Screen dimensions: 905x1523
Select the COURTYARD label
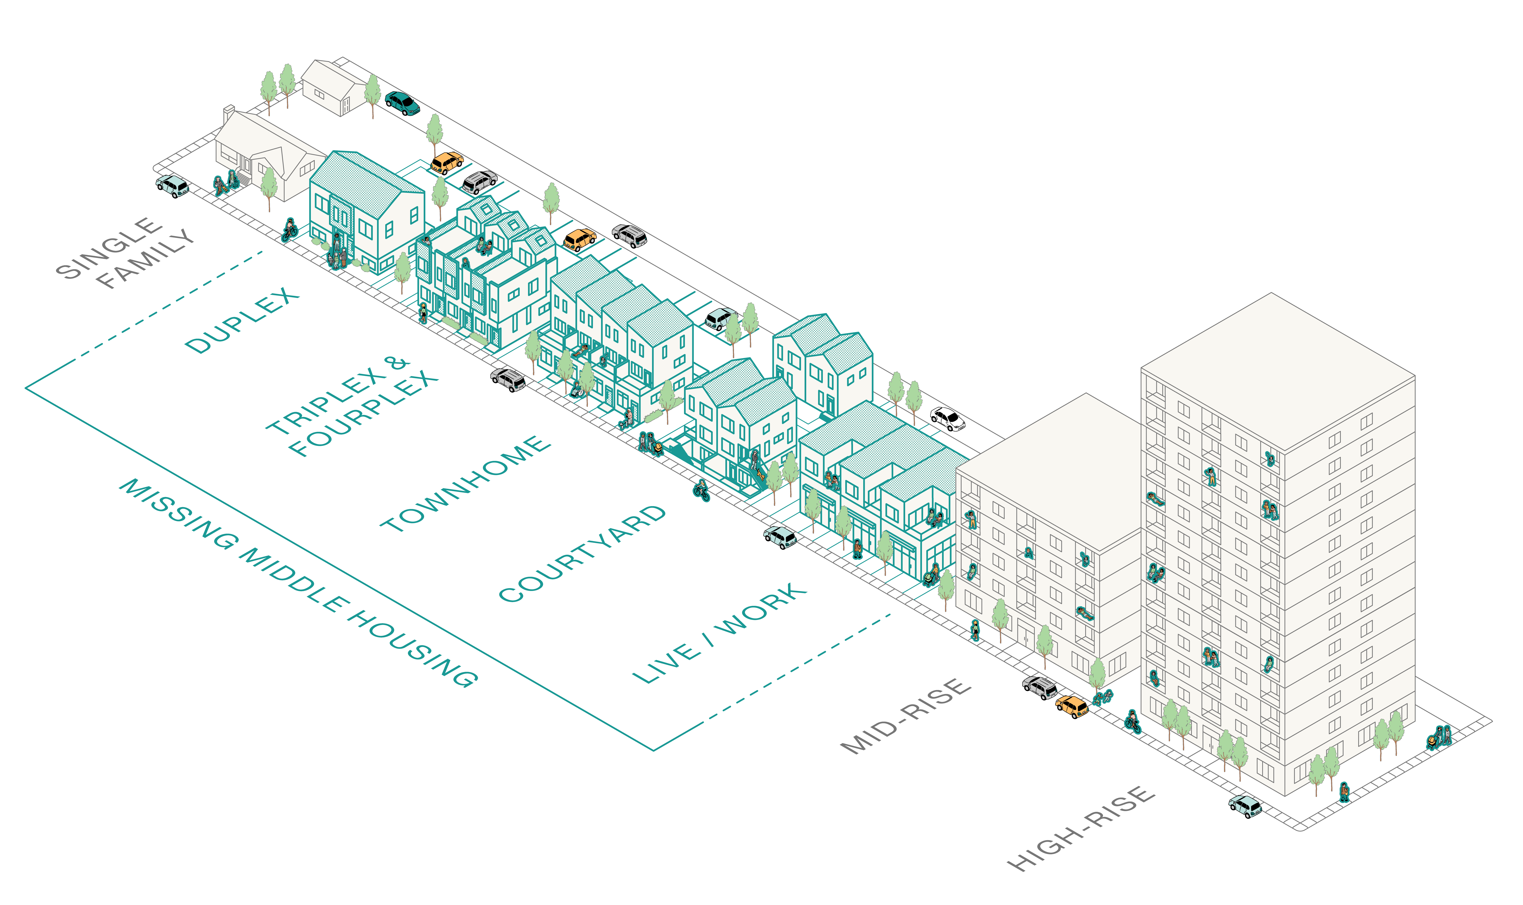[582, 553]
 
